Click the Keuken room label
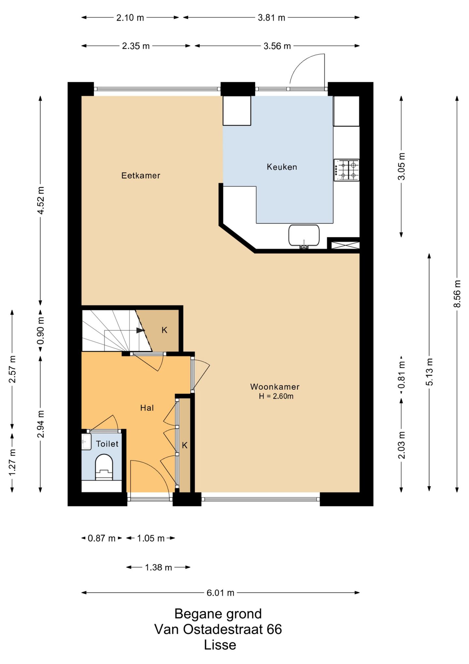(x=282, y=167)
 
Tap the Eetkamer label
(x=141, y=175)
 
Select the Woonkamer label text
(x=275, y=387)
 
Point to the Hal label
(x=147, y=408)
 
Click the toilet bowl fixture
(x=104, y=467)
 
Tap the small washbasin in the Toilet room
(x=86, y=442)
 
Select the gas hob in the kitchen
(x=347, y=170)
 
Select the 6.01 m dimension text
(x=220, y=593)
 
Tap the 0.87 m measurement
(x=102, y=538)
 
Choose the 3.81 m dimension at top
(x=271, y=18)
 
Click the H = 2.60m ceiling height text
(x=276, y=396)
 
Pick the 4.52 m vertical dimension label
(x=41, y=200)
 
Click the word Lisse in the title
(x=220, y=645)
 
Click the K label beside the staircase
(x=164, y=330)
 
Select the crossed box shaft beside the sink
(x=345, y=245)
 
